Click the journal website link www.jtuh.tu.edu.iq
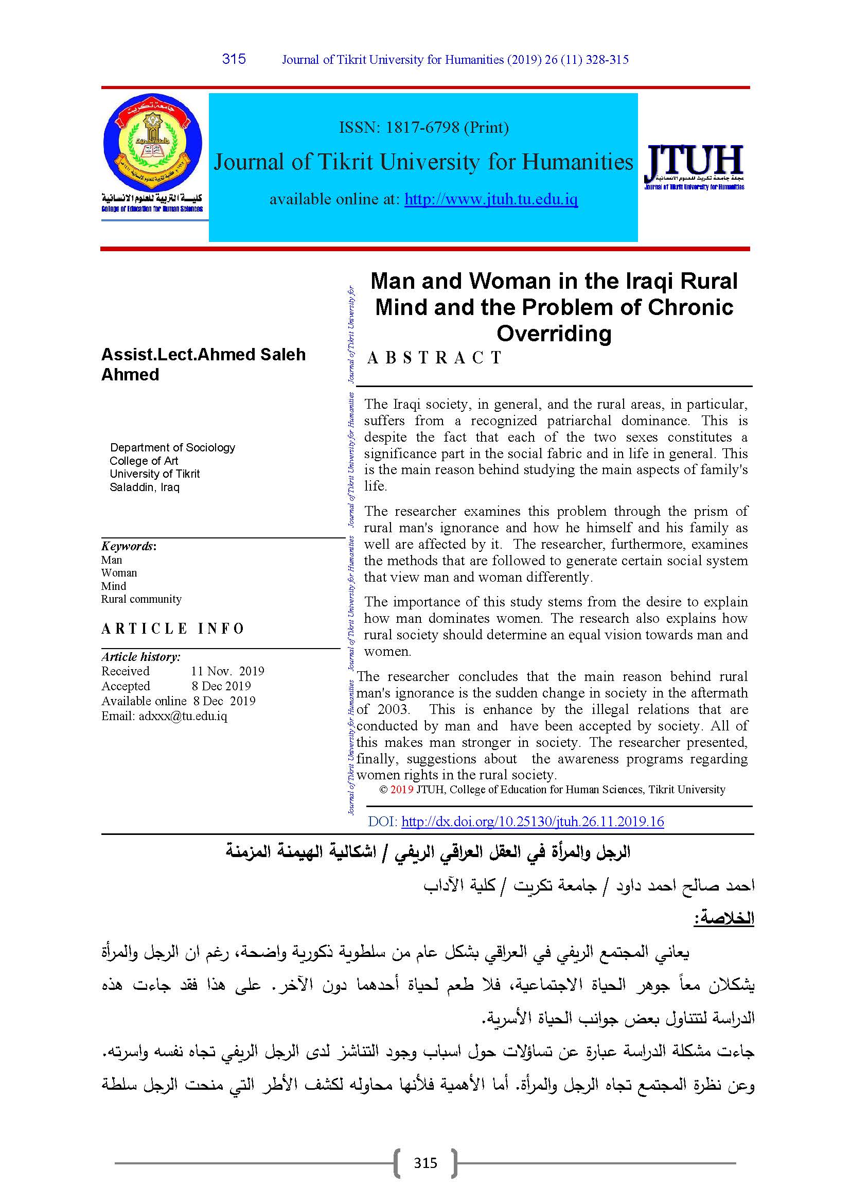pyautogui.click(x=491, y=199)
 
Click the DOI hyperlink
pyautogui.click(x=533, y=822)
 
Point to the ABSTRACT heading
pyautogui.click(x=434, y=358)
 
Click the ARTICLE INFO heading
pyautogui.click(x=173, y=629)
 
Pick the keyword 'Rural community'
pyautogui.click(x=141, y=599)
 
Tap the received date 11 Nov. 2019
pyautogui.click(x=227, y=671)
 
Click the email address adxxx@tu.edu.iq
pyautogui.click(x=183, y=717)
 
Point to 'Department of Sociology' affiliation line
pyautogui.click(x=172, y=447)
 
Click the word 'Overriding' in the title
pyautogui.click(x=554, y=334)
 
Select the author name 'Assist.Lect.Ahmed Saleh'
pyautogui.click(x=203, y=355)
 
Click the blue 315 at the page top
pyautogui.click(x=234, y=59)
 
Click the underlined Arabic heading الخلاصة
pyautogui.click(x=724, y=918)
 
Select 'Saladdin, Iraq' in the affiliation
pyautogui.click(x=145, y=487)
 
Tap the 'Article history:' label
pyautogui.click(x=141, y=656)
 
